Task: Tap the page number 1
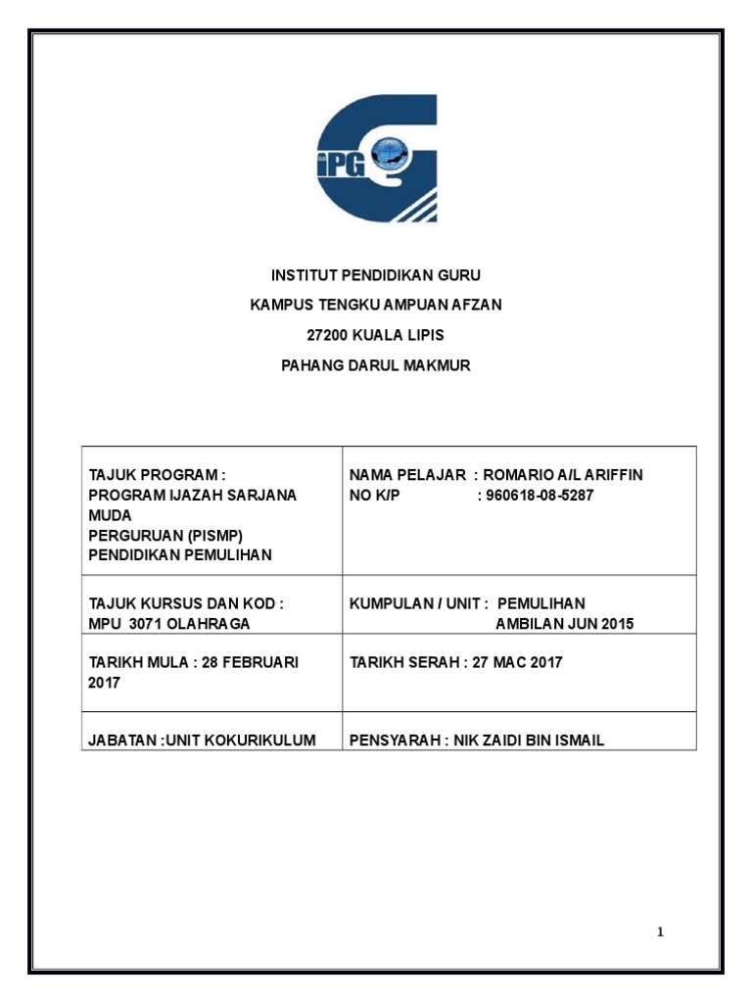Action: [661, 931]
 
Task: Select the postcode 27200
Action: [327, 335]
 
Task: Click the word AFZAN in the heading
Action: [477, 305]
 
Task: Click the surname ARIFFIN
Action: [614, 475]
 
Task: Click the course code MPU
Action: [104, 624]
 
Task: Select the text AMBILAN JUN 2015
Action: [564, 624]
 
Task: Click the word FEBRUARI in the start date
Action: [259, 662]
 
